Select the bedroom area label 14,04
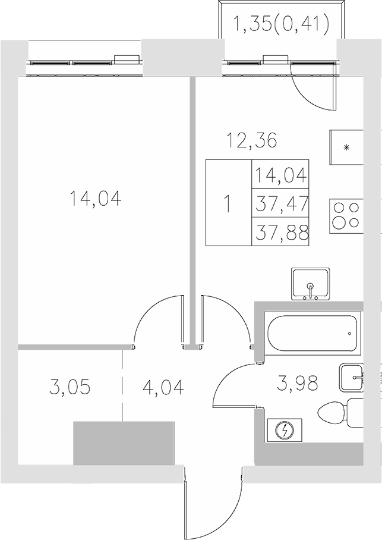coord(95,199)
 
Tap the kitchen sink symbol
coord(310,284)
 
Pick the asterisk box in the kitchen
coord(347,146)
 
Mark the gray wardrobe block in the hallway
coord(124,443)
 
